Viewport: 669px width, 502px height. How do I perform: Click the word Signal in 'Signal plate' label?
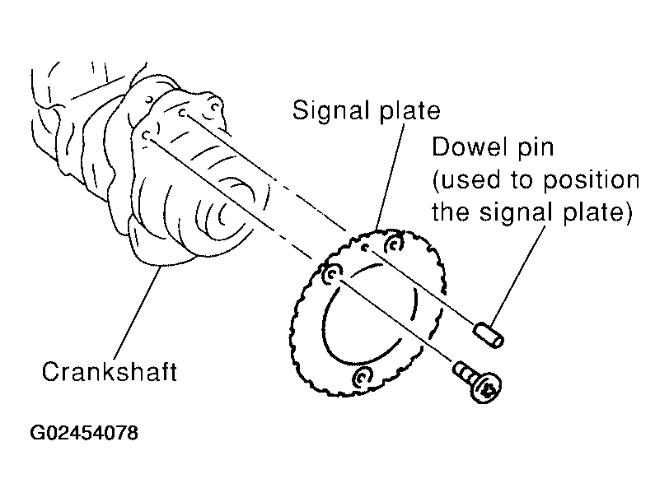tap(330, 111)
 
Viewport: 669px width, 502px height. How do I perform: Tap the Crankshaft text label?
tap(110, 372)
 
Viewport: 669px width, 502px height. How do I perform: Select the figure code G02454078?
tap(84, 433)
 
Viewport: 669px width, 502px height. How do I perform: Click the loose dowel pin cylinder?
tap(488, 336)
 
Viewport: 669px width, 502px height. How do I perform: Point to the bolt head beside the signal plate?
tap(486, 388)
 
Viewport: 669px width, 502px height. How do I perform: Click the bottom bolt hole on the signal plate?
tap(363, 376)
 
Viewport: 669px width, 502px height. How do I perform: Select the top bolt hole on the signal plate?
tap(394, 244)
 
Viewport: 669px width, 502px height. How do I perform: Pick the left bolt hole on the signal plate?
tap(332, 274)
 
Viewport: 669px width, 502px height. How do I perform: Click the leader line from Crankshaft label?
tap(138, 312)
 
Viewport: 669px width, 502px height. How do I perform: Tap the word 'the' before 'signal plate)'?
tap(451, 211)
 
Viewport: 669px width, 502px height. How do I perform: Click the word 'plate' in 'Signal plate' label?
tap(409, 112)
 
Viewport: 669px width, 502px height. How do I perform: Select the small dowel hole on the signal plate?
tap(365, 247)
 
